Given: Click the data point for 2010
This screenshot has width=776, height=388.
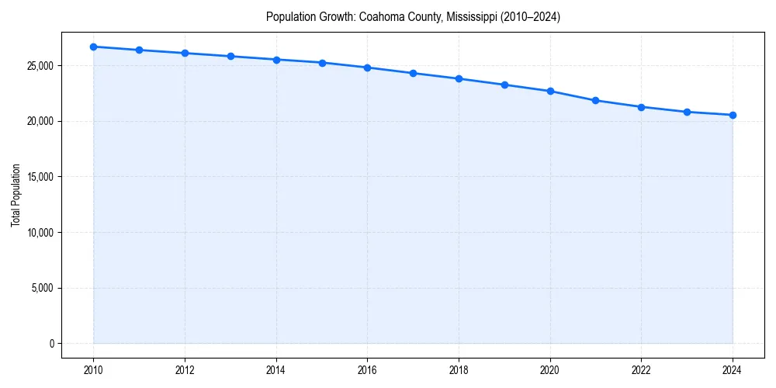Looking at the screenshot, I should [x=93, y=47].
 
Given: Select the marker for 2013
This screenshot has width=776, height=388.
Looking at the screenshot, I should [x=230, y=57].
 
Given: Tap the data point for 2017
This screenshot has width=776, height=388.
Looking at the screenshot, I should [x=413, y=73].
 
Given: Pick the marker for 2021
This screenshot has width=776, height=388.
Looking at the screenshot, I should [x=596, y=100].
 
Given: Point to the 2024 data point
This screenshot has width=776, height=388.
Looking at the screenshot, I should [x=733, y=115].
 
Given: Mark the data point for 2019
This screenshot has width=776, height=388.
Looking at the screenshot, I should [x=504, y=85].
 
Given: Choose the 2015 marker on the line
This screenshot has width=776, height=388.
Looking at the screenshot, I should [x=322, y=63].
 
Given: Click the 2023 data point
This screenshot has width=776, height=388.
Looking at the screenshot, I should [x=687, y=112].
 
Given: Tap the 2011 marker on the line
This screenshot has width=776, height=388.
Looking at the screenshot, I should [x=139, y=50].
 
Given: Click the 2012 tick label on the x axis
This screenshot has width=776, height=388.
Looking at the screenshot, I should [x=185, y=370].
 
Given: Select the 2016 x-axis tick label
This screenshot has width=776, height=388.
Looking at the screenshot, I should [x=368, y=370].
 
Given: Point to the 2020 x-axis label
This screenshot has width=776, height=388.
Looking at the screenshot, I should [x=550, y=370].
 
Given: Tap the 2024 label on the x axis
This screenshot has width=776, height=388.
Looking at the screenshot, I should [x=733, y=370].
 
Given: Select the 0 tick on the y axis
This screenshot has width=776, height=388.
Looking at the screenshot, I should [x=52, y=344].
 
